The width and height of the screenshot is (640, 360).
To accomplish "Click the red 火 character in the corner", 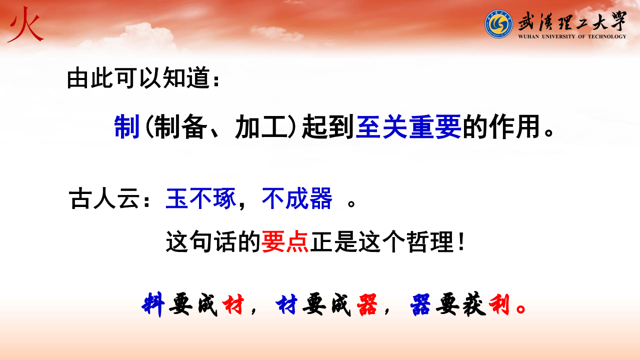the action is pos(25,25).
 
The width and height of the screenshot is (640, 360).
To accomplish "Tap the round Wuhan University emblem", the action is pos(498,24).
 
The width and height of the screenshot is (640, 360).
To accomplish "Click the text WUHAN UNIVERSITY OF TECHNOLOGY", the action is pos(572,36).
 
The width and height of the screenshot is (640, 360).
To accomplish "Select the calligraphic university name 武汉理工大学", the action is pos(572,21).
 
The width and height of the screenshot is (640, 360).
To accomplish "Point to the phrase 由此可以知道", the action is pos(138,78).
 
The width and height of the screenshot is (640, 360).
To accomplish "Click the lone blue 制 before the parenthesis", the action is pos(127,126).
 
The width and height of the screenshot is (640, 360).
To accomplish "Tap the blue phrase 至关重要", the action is pos(408,126).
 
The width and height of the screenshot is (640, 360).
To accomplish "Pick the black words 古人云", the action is pos(104,199).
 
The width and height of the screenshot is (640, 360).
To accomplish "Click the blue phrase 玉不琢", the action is pos(201,199).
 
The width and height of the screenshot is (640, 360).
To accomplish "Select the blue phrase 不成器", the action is pos(297,199).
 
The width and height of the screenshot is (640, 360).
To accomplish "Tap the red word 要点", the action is pos(285,241).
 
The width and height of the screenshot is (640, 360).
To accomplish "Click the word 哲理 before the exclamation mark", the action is pos(430,241).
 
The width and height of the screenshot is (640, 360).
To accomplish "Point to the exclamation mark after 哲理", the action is pos(461,241).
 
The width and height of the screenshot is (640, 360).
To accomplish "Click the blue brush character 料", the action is pos(153,304).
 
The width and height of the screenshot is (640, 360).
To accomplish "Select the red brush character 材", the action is pos(233,305).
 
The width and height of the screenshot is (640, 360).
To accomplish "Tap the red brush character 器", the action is pos(367,305).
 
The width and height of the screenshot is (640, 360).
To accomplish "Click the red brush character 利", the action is pos(499,305).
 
